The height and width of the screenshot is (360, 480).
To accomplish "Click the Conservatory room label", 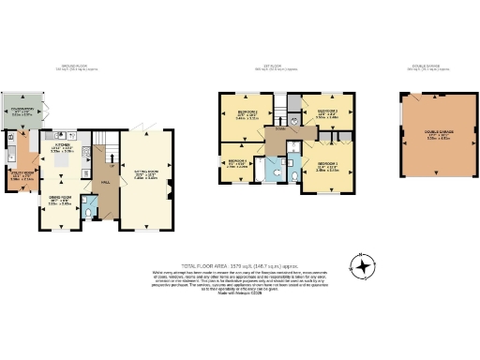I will (x=19, y=114).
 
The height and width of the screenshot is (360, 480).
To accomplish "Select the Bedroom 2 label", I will (x=238, y=116).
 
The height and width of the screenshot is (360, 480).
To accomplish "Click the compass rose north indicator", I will (x=359, y=262).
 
